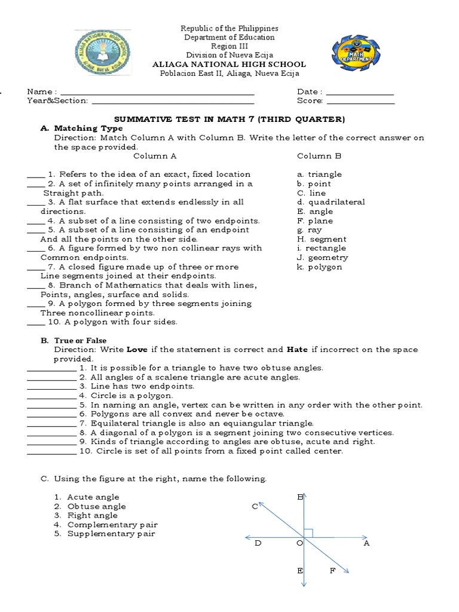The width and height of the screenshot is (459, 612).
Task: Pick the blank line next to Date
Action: tap(360, 94)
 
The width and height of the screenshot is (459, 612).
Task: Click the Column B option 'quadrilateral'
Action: tap(331, 202)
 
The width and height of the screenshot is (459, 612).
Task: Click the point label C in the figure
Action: tap(254, 507)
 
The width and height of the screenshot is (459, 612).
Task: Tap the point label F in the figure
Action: tap(333, 571)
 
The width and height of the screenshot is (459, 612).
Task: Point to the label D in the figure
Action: tap(258, 543)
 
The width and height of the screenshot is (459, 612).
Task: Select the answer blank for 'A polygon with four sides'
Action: tap(36, 323)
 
